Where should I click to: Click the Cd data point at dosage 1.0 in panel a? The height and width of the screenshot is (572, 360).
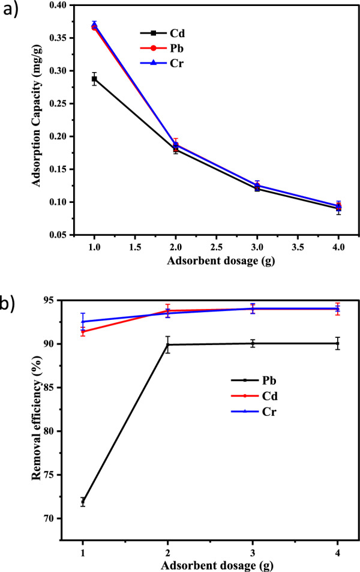pyautogui.click(x=94, y=79)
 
